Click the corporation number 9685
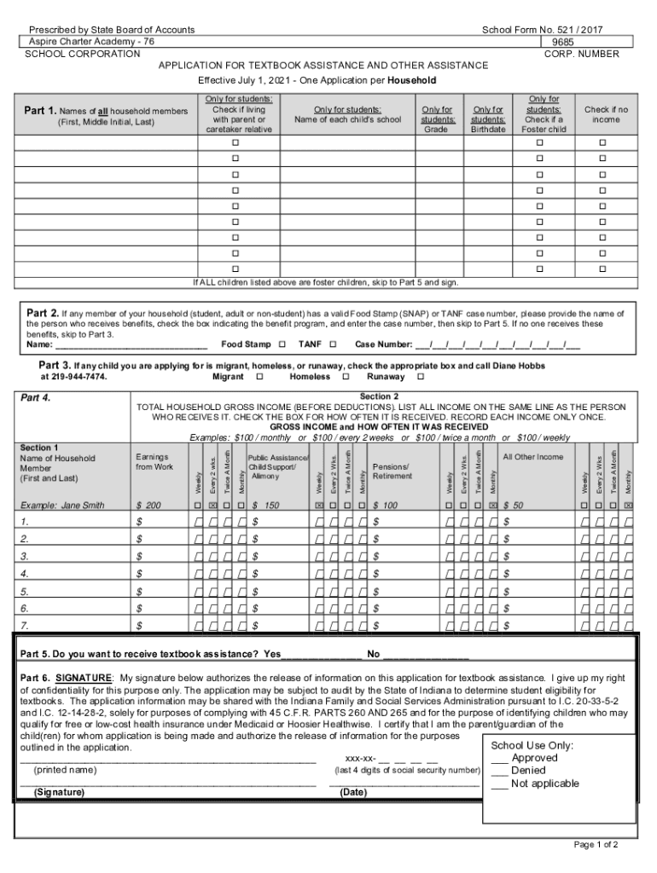[x=562, y=42]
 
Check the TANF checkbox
[x=333, y=345]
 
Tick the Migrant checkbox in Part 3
[x=259, y=377]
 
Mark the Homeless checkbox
[x=346, y=377]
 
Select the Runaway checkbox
[x=421, y=377]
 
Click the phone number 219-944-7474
[x=74, y=377]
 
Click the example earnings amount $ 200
[x=148, y=506]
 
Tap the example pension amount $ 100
[x=386, y=506]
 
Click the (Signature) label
[x=59, y=792]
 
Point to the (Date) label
[x=353, y=792]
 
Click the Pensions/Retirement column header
[x=392, y=471]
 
